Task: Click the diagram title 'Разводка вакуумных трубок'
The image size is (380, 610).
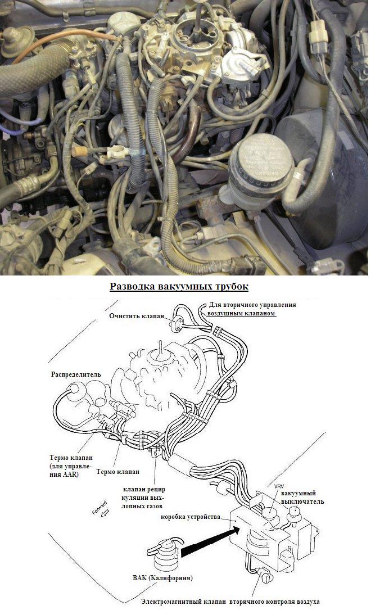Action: click(179, 287)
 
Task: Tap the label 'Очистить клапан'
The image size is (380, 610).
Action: click(137, 316)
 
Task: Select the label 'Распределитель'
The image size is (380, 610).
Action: click(76, 374)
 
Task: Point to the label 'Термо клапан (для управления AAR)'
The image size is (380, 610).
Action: click(71, 466)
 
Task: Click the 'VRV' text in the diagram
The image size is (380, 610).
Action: click(279, 486)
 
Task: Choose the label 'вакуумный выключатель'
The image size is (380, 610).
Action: click(302, 498)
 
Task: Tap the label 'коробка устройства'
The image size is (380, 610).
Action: click(190, 517)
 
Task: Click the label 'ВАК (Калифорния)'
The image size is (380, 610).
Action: click(162, 578)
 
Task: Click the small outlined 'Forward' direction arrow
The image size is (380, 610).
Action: click(104, 514)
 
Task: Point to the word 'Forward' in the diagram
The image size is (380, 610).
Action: click(99, 508)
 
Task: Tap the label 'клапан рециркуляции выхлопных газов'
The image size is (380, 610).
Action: click(143, 498)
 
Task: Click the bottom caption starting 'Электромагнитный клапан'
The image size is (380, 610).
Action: click(230, 602)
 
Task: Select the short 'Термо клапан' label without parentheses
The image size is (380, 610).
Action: click(117, 472)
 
